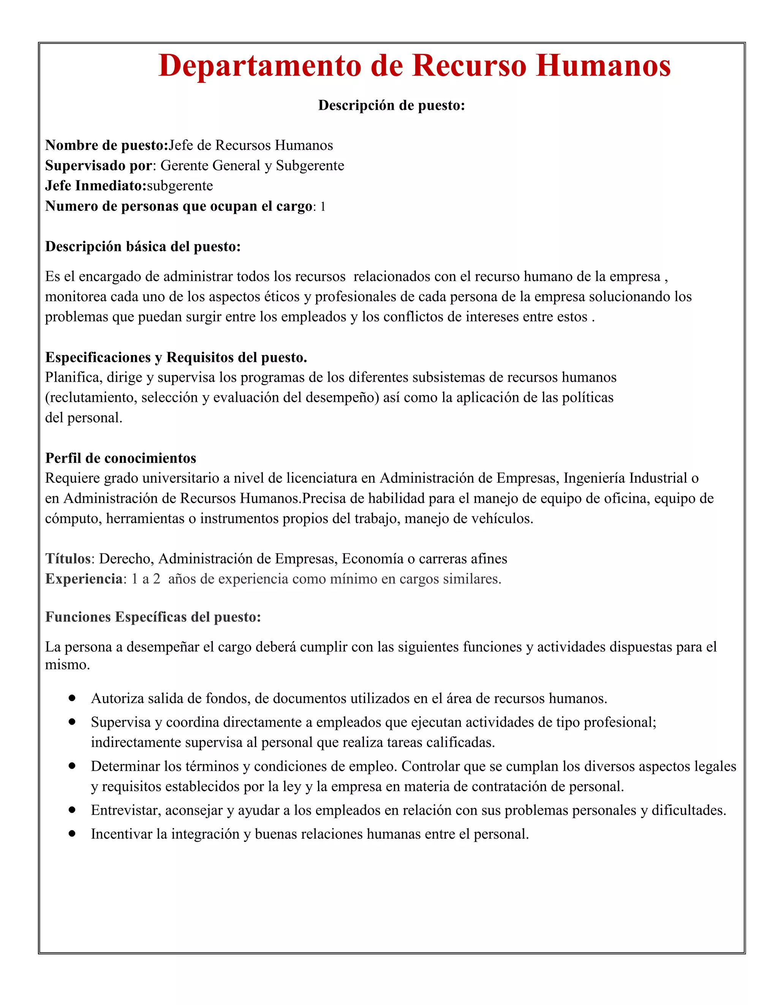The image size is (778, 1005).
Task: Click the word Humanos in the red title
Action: point(603,65)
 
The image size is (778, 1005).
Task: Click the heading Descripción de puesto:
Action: point(391,105)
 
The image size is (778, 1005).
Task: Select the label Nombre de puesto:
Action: point(107,145)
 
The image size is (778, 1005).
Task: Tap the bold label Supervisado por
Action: point(98,166)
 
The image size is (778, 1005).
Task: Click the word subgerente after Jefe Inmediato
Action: point(180,186)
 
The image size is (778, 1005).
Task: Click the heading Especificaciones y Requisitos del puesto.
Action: point(176,357)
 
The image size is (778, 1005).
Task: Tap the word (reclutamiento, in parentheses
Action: point(91,398)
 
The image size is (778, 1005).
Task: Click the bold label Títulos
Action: point(68,559)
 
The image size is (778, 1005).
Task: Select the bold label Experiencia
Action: point(84,579)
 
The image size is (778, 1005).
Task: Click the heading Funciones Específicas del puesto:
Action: point(153,617)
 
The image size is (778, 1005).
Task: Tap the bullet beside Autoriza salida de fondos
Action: point(72,698)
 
